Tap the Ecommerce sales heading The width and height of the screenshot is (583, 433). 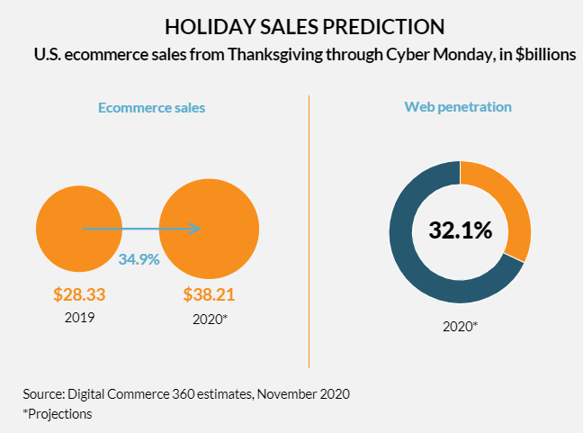click(151, 107)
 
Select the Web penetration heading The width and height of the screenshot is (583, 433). click(458, 106)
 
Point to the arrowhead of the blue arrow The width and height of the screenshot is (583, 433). click(196, 229)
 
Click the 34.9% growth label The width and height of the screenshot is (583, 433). click(139, 259)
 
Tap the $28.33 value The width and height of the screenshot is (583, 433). click(80, 294)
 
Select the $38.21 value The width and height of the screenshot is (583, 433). click(210, 294)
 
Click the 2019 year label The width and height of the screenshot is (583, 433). click(80, 317)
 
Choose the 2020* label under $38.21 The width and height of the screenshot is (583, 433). click(210, 318)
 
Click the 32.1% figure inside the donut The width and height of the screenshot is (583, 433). click(461, 230)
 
